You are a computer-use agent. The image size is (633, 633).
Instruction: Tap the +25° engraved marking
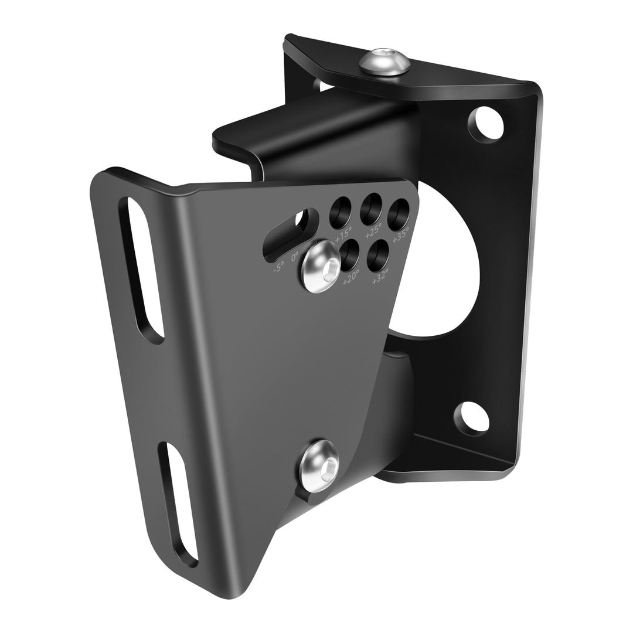coord(373,230)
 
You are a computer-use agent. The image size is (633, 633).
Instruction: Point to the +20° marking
coord(350,276)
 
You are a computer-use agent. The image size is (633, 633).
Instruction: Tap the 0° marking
coord(294,256)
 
